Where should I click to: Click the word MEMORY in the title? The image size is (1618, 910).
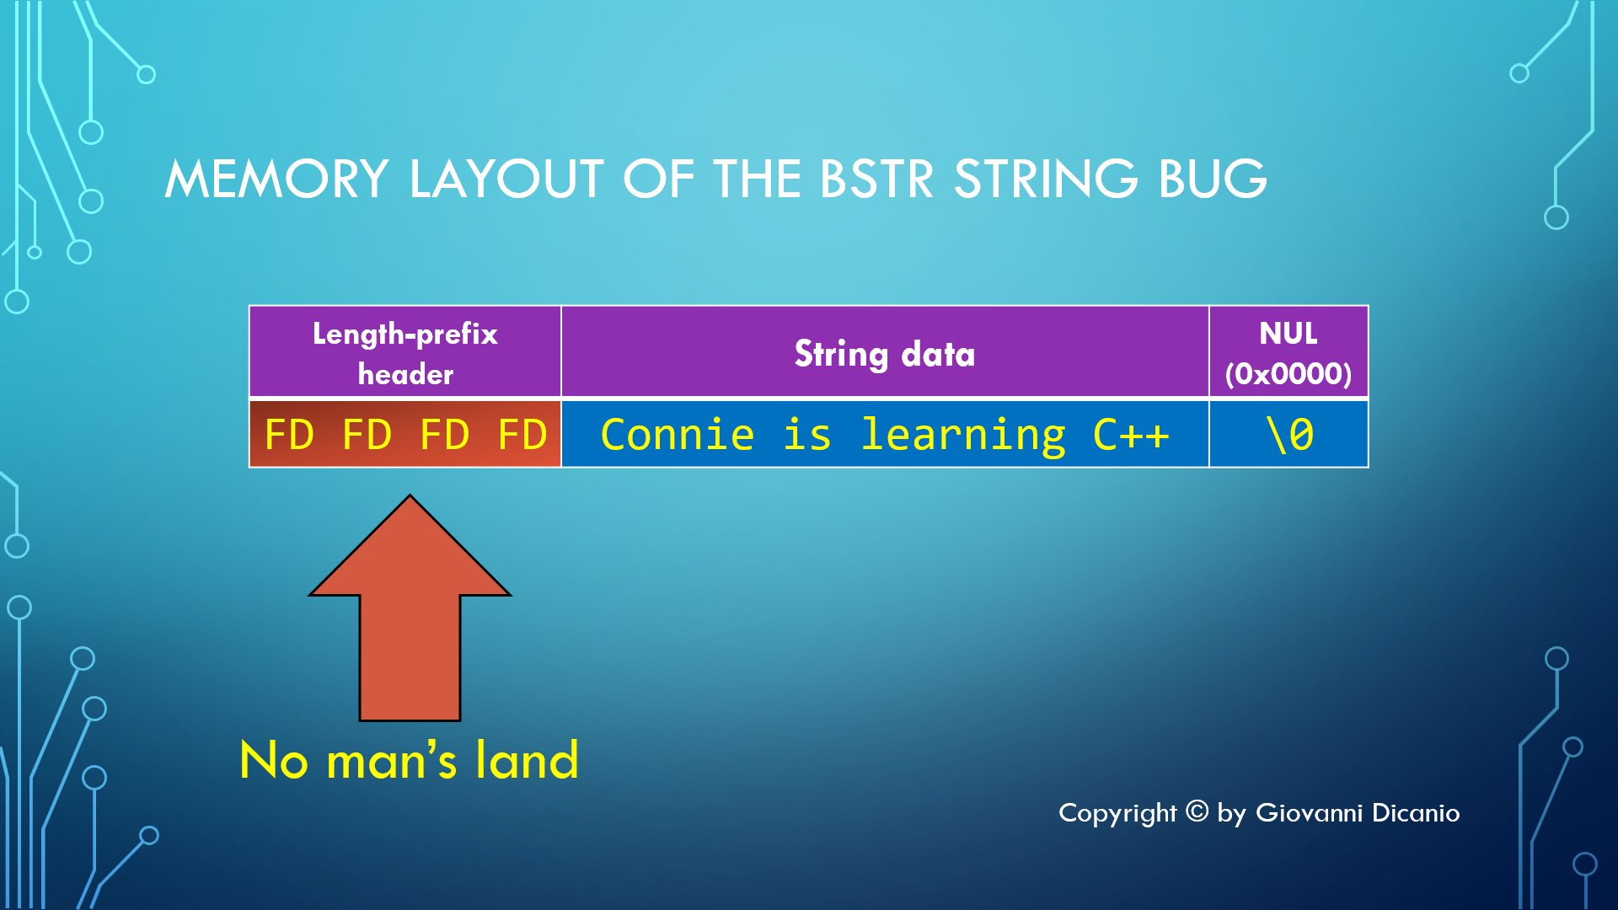pyautogui.click(x=276, y=179)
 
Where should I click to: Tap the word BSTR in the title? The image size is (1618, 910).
pyautogui.click(x=876, y=179)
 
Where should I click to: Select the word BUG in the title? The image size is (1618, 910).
pyautogui.click(x=1213, y=179)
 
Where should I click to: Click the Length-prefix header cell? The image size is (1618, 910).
pyautogui.click(x=405, y=352)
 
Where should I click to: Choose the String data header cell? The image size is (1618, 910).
pyautogui.click(x=885, y=352)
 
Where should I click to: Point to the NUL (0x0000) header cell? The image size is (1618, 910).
pyautogui.click(x=1289, y=352)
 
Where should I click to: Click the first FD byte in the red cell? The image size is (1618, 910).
pyautogui.click(x=289, y=435)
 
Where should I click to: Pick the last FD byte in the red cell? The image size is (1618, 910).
pyautogui.click(x=522, y=435)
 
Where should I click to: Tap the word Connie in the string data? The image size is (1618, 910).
pyautogui.click(x=678, y=435)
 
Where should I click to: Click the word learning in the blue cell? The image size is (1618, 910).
pyautogui.click(x=963, y=436)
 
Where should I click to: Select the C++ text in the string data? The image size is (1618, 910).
pyautogui.click(x=1131, y=435)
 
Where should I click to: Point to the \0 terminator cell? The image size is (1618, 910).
pyautogui.click(x=1289, y=434)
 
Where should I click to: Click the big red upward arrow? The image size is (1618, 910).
pyautogui.click(x=410, y=608)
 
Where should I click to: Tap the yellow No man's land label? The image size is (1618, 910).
pyautogui.click(x=410, y=760)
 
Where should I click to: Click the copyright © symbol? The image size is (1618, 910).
pyautogui.click(x=1197, y=811)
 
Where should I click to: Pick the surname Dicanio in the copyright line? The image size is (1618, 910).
pyautogui.click(x=1416, y=812)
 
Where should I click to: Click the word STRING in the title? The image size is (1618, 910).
pyautogui.click(x=1046, y=179)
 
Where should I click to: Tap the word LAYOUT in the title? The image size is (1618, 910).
pyautogui.click(x=506, y=179)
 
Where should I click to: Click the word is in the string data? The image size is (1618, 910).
pyautogui.click(x=807, y=435)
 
